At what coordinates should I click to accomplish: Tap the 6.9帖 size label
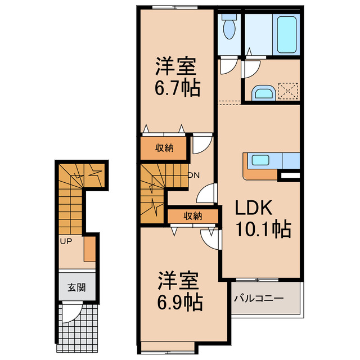[179, 303]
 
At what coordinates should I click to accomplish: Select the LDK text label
[254, 209]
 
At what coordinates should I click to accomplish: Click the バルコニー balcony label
[259, 298]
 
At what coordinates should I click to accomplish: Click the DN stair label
[193, 175]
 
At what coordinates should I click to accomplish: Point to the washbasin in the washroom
[262, 92]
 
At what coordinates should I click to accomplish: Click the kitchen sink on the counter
[260, 160]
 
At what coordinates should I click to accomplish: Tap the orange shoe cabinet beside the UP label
[89, 249]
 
